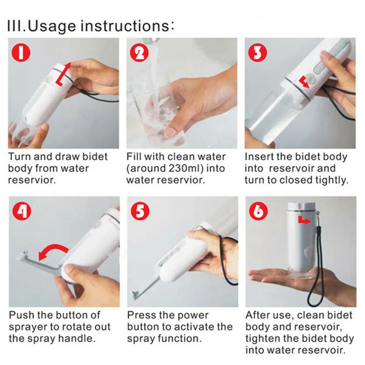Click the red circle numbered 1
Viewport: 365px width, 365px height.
click(x=21, y=53)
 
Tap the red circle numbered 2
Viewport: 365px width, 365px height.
click(x=139, y=53)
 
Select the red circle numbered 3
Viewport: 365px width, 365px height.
click(x=257, y=53)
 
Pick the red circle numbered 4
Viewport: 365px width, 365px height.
click(x=22, y=211)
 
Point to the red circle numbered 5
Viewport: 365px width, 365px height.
click(x=140, y=211)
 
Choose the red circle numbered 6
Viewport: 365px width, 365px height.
click(x=259, y=211)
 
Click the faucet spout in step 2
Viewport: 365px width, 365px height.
click(x=150, y=41)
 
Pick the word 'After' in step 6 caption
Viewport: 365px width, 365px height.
click(x=258, y=315)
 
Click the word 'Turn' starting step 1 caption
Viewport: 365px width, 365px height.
click(x=20, y=157)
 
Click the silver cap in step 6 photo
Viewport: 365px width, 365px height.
click(x=302, y=206)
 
